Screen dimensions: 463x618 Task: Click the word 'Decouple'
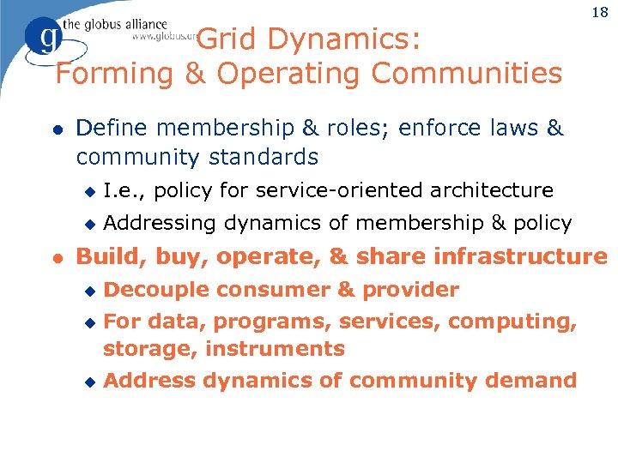coord(155,290)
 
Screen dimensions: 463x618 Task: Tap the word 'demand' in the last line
coord(531,381)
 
